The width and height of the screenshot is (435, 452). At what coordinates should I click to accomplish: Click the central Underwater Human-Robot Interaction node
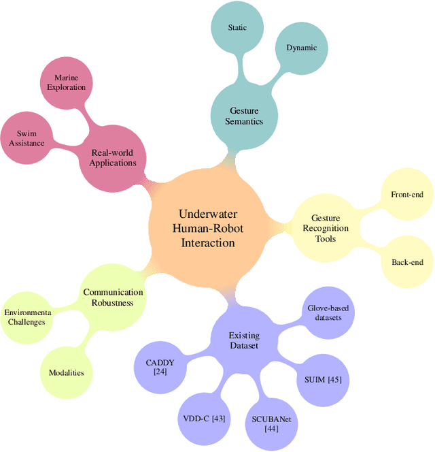point(208,228)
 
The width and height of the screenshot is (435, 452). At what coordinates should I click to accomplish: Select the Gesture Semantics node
point(243,116)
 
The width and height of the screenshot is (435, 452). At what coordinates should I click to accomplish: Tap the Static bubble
point(237,28)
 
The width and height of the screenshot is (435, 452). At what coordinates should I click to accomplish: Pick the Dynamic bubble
point(301,48)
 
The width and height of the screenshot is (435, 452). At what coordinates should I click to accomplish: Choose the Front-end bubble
point(407,195)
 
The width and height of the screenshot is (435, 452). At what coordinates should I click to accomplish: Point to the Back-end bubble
point(407,262)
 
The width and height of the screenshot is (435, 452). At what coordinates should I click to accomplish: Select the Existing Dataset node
point(244,340)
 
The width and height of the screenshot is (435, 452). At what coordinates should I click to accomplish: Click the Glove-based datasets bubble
point(328,313)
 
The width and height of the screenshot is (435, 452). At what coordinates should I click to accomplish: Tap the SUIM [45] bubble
point(319,379)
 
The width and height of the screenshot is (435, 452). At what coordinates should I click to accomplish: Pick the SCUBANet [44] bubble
point(271,424)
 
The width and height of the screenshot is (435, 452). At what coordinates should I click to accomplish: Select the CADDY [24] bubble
point(161,368)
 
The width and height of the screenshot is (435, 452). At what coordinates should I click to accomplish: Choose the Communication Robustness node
point(113,297)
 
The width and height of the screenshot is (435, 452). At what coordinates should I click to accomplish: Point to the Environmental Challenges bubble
point(27,317)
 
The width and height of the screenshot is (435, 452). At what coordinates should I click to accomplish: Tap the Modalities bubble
point(66,372)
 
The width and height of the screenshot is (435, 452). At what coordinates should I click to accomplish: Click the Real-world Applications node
point(114,158)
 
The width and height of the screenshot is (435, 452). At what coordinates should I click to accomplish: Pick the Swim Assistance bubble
point(27,138)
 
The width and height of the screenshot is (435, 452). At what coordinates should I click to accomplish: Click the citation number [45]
point(334,379)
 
